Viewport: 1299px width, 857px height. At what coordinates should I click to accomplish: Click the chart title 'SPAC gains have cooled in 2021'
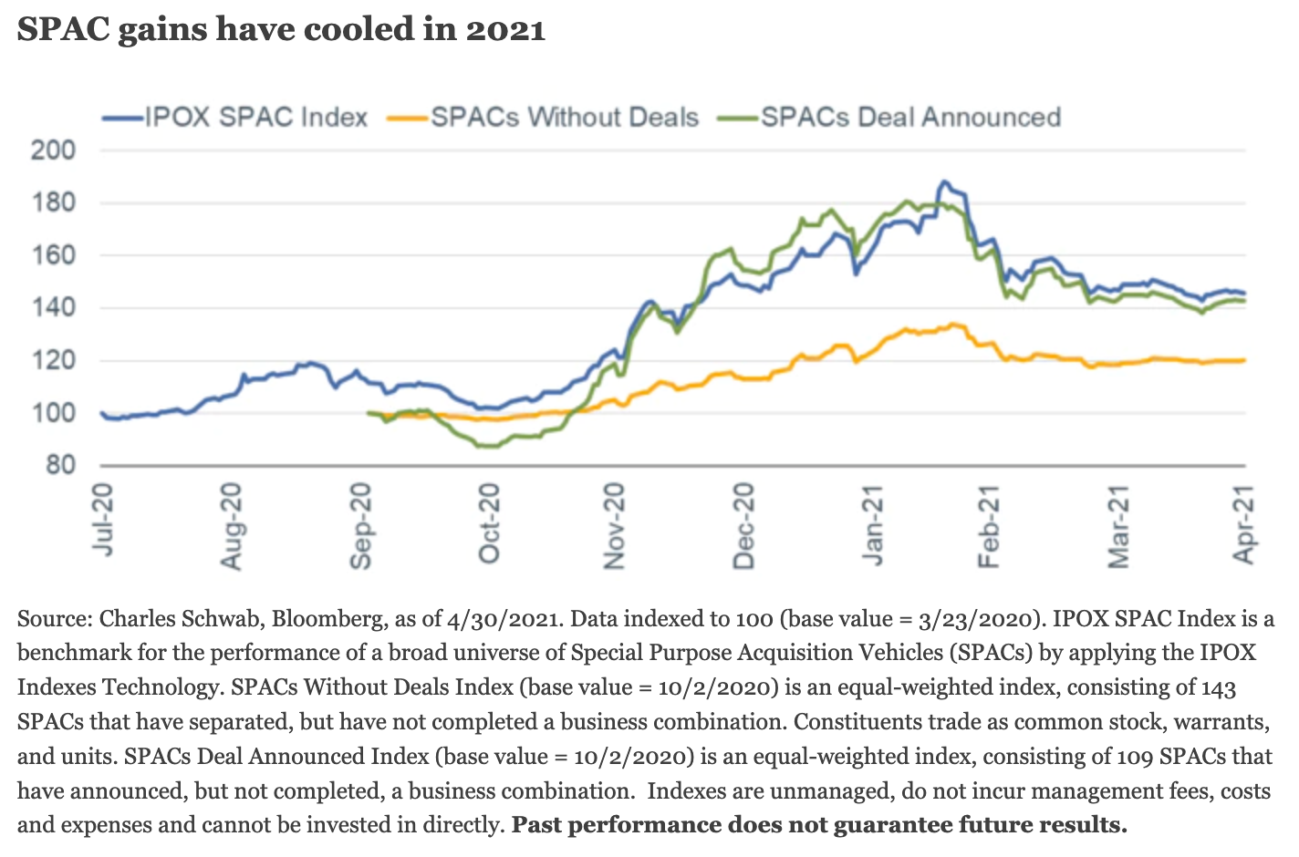[281, 29]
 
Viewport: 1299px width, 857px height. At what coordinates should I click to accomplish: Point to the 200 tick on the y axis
[53, 150]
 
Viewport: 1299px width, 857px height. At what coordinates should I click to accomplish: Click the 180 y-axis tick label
[53, 202]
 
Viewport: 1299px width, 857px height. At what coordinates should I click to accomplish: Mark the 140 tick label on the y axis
[53, 308]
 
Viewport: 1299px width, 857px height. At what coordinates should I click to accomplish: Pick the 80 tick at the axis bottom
[60, 465]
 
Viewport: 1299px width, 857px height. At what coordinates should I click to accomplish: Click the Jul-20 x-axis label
[104, 520]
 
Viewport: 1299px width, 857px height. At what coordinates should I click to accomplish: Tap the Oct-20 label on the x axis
[490, 523]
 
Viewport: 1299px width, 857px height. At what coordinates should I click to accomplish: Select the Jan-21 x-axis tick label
[874, 523]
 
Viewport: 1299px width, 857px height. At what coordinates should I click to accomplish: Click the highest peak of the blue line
[944, 182]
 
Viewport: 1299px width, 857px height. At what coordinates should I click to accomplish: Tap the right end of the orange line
[1244, 360]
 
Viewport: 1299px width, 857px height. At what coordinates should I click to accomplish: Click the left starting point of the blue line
[101, 413]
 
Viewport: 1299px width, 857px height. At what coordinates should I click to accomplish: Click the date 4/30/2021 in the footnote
[503, 619]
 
